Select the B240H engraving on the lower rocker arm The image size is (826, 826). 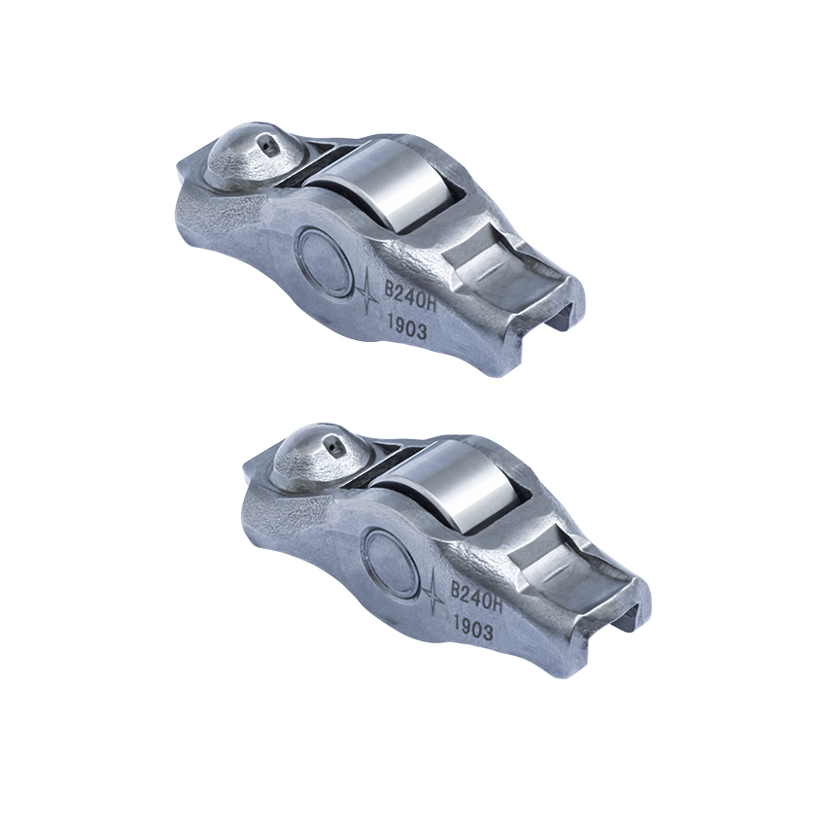(473, 596)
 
